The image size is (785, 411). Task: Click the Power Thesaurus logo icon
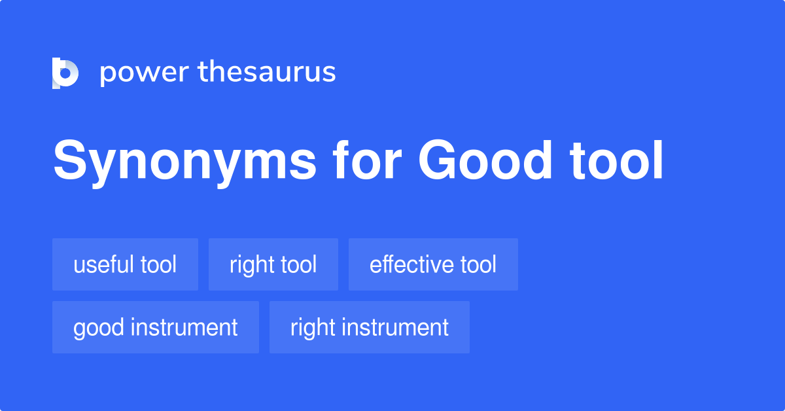click(65, 73)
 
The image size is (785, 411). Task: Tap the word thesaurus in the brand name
click(267, 71)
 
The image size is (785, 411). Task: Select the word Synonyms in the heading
click(184, 162)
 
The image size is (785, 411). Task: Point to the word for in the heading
click(367, 160)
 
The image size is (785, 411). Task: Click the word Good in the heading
click(485, 160)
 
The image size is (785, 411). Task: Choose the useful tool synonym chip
click(125, 264)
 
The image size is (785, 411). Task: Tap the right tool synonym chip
click(273, 264)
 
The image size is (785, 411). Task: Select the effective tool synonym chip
click(433, 264)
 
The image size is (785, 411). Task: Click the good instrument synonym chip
click(156, 327)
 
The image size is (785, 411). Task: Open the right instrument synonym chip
click(370, 327)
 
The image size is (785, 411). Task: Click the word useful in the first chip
click(103, 264)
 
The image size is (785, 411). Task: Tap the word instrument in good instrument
click(184, 327)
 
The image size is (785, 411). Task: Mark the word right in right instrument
click(312, 329)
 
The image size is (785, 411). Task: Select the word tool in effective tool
click(478, 264)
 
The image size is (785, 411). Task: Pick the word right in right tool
click(251, 266)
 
